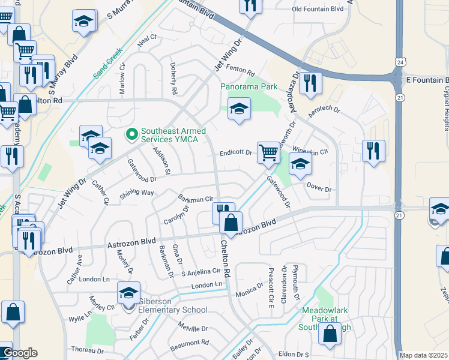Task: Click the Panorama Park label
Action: coord(249,86)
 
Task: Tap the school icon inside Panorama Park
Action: coord(239,109)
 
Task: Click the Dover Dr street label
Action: coord(319,188)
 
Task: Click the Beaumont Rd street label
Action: coord(188,343)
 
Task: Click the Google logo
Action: coord(20,353)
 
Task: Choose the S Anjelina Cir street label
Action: coord(201,272)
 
